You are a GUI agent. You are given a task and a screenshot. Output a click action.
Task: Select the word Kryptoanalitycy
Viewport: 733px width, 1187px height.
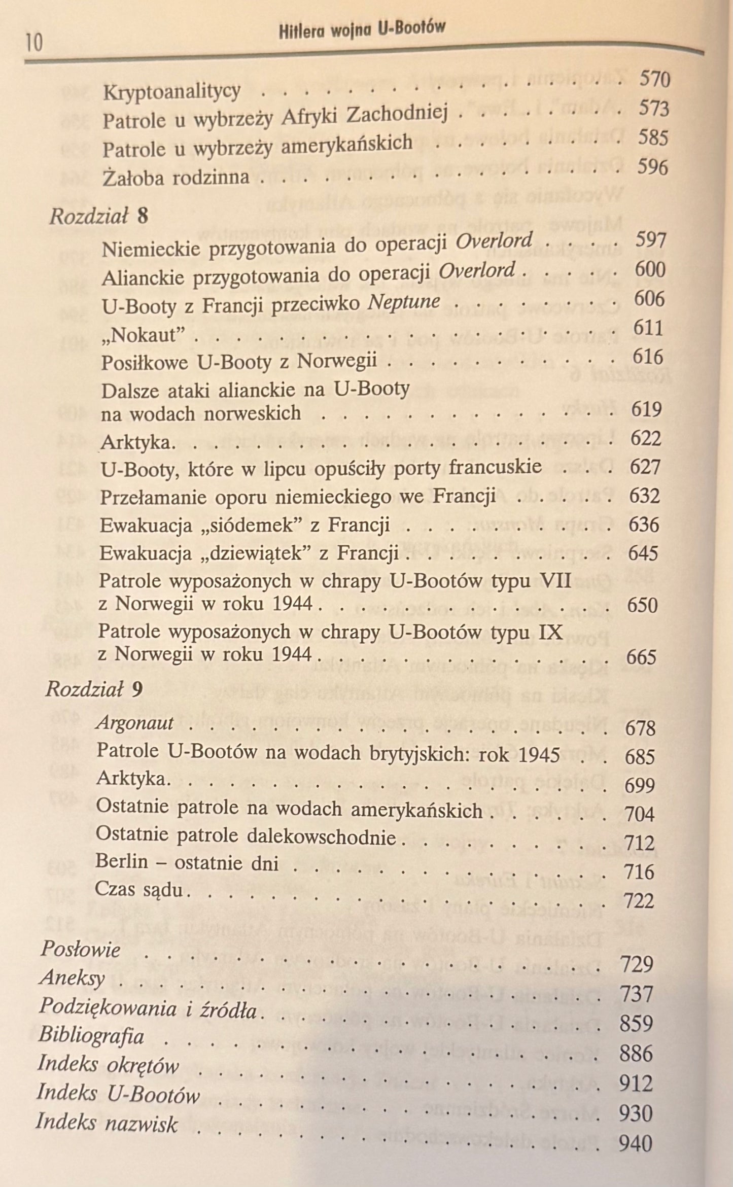(171, 92)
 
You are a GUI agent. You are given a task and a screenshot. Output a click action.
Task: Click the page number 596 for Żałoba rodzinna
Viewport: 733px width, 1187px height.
(653, 167)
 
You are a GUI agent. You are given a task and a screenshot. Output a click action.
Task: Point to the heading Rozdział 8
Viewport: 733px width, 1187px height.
(98, 217)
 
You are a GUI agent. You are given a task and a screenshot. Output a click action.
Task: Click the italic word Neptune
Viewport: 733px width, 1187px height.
(403, 302)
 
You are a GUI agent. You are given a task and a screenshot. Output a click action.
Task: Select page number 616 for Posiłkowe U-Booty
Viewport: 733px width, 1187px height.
(648, 358)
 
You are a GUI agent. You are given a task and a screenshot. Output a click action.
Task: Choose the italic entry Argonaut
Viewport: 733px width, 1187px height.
(135, 723)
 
